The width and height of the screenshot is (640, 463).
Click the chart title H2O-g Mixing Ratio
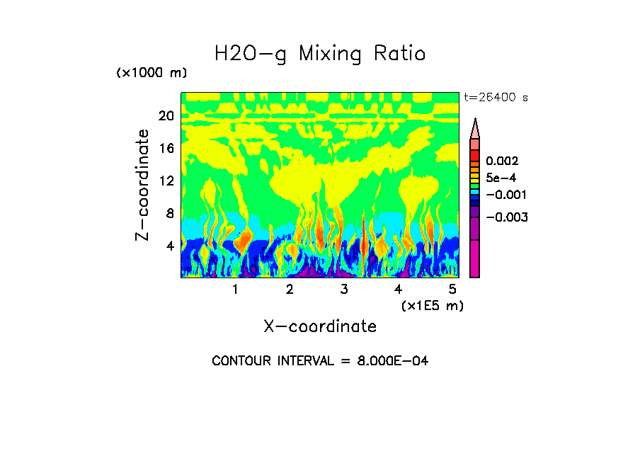click(320, 54)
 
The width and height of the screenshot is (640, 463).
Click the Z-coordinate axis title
click(143, 184)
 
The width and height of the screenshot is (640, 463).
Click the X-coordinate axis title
click(320, 326)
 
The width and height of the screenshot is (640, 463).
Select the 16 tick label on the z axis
click(166, 148)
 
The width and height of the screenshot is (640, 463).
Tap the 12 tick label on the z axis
click(166, 181)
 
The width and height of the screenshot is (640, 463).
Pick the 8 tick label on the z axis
click(169, 213)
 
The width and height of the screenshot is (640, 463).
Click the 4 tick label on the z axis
click(169, 246)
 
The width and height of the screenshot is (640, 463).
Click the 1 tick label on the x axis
click(235, 289)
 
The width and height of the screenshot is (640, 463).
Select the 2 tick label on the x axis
click(290, 289)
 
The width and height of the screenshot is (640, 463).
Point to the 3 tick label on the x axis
click(344, 289)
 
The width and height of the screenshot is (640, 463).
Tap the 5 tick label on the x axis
click(452, 289)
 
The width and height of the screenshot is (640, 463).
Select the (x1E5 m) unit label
click(432, 305)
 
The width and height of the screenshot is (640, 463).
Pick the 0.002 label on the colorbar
click(502, 162)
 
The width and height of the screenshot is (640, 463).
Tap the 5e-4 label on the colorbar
click(501, 178)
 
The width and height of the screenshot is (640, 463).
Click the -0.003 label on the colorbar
click(506, 217)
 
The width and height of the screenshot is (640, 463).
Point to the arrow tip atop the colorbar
click(475, 121)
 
